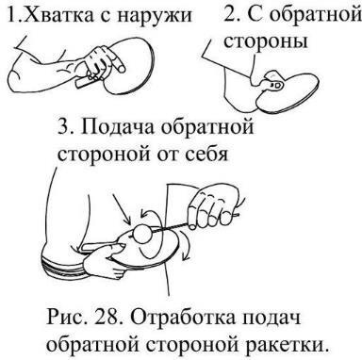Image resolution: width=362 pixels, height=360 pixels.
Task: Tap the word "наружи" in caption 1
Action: [155, 17]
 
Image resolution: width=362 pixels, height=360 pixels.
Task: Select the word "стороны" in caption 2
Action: [266, 41]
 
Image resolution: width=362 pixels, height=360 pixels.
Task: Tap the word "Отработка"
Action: [182, 319]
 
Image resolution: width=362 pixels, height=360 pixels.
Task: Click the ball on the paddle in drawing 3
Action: [143, 233]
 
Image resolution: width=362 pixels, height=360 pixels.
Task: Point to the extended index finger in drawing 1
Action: [117, 62]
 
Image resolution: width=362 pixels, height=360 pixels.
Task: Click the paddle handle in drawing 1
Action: [85, 83]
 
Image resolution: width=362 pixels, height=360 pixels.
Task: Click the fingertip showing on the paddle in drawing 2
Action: [276, 85]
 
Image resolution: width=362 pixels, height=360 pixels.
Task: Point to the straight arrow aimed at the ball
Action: [122, 209]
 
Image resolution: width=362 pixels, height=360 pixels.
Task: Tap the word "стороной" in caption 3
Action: [98, 155]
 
